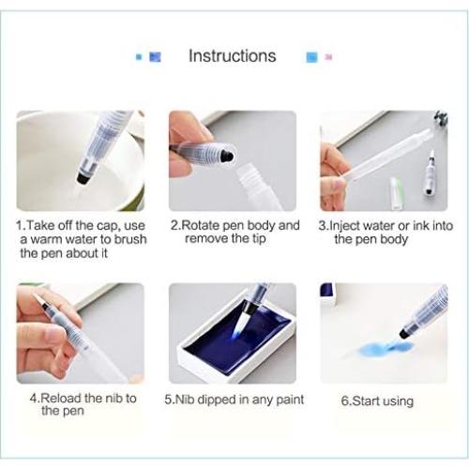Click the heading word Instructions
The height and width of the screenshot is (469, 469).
[233, 56]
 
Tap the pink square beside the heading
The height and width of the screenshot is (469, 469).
[328, 57]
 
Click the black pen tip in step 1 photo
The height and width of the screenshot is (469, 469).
[83, 177]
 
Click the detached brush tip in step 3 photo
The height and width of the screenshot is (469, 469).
[430, 175]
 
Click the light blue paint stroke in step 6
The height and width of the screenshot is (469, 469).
[386, 348]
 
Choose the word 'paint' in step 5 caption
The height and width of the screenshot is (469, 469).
[290, 400]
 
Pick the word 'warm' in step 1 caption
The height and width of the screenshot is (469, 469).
[48, 239]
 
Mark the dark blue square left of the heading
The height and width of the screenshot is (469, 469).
[155, 57]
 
